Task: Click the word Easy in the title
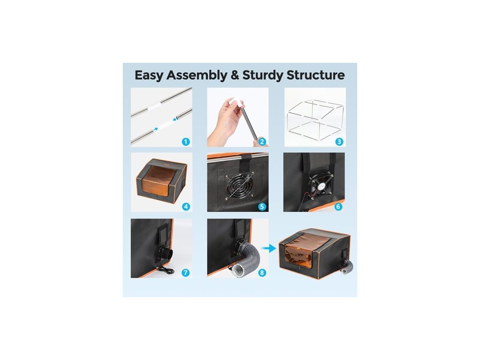coord(149,75)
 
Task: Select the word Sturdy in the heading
coord(262,75)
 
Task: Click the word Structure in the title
coord(315,75)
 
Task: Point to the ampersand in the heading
coord(235,75)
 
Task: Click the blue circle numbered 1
coord(186,142)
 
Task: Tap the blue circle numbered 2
coord(262,142)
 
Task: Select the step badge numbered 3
coord(339,142)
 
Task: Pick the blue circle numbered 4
coord(186,207)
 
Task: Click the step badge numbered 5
coord(262,207)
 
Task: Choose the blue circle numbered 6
coord(338,207)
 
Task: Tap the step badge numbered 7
coord(186,272)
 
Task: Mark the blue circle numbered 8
coord(262,272)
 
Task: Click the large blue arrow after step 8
coord(270,248)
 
